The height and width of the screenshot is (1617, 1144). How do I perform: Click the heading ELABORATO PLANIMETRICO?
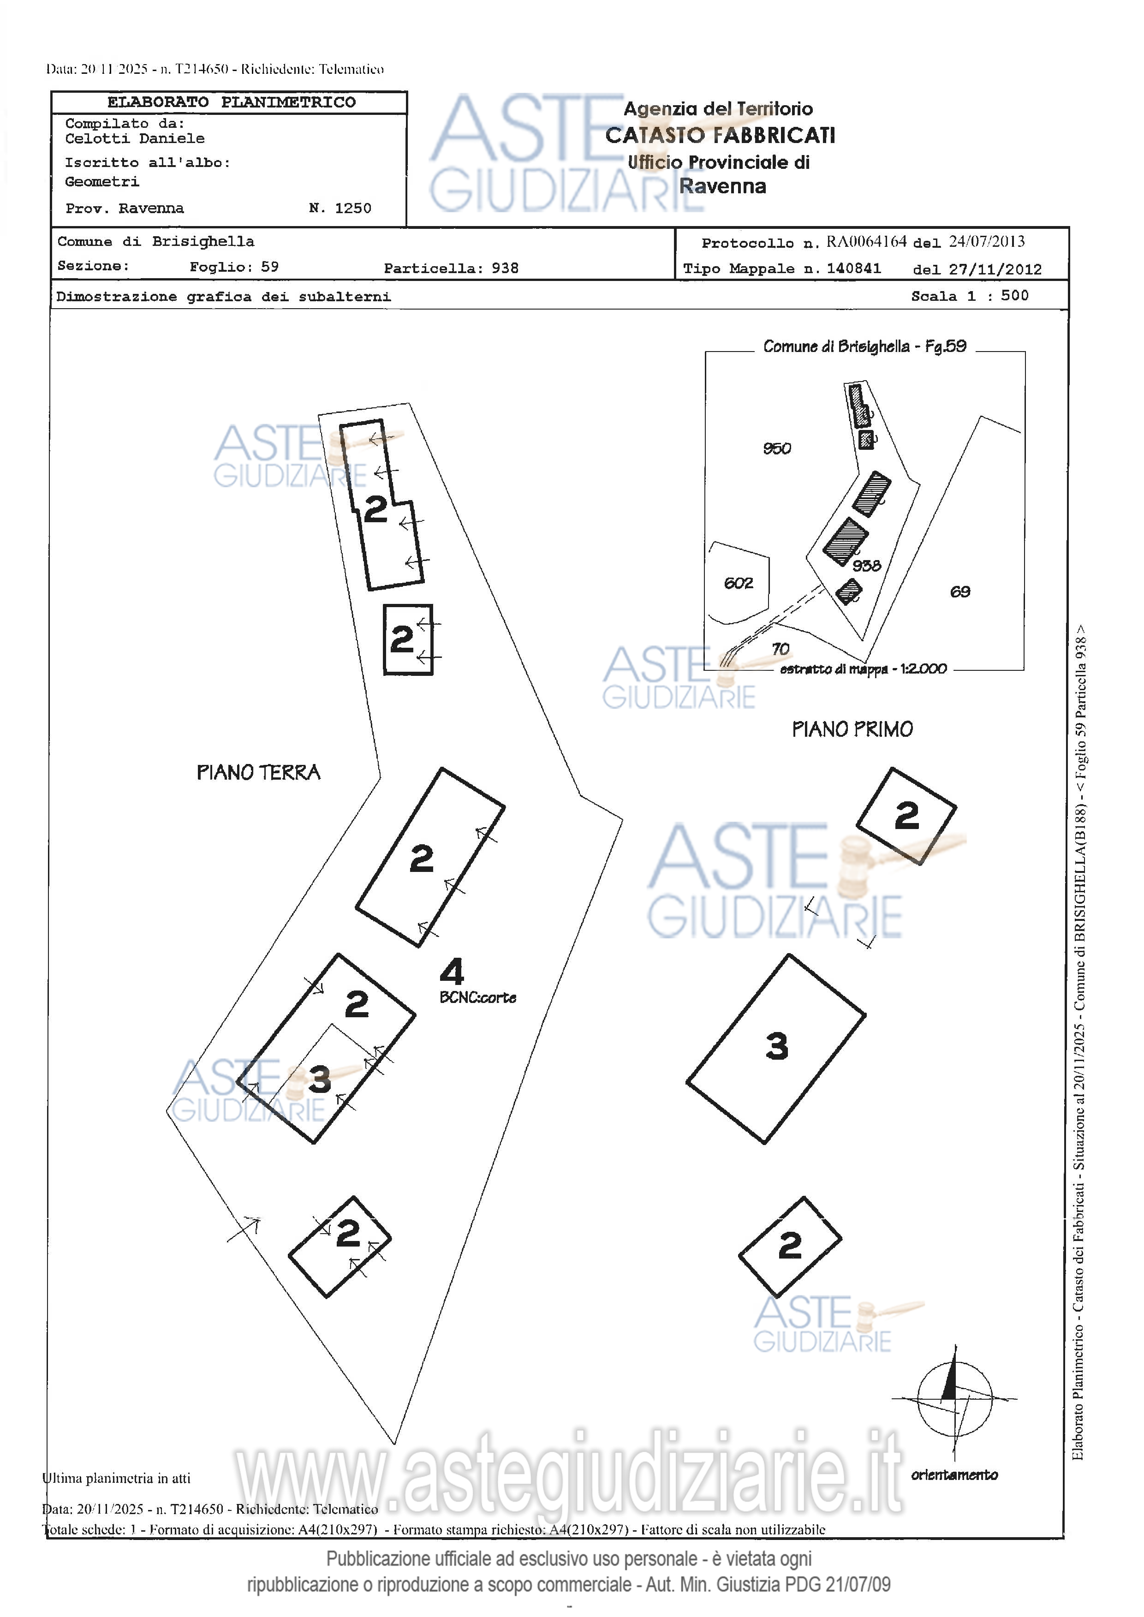click(x=231, y=102)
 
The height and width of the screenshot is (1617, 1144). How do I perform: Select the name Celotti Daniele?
click(x=135, y=139)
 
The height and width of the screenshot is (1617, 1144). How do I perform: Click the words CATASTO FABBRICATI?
click(x=720, y=135)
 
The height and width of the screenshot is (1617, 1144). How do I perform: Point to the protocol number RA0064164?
click(x=866, y=242)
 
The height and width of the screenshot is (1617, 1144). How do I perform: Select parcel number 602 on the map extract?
click(x=738, y=583)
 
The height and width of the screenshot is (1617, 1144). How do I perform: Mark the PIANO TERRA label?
click(x=258, y=772)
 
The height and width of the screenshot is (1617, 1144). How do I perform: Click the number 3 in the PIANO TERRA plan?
click(x=319, y=1080)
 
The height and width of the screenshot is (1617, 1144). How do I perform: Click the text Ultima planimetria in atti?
click(x=116, y=1478)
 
